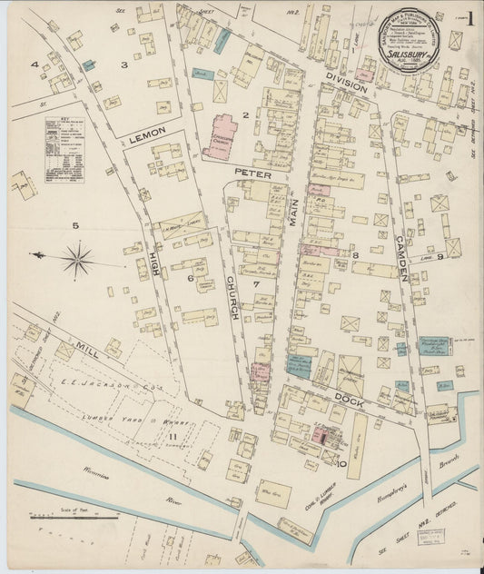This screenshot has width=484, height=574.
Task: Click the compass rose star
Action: [78, 260]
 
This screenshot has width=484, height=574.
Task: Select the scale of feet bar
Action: [73, 517]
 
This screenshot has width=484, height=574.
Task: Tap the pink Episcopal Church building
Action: [220, 137]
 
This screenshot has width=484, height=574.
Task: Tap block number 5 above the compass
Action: [76, 225]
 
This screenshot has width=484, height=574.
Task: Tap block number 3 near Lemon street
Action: [124, 64]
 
